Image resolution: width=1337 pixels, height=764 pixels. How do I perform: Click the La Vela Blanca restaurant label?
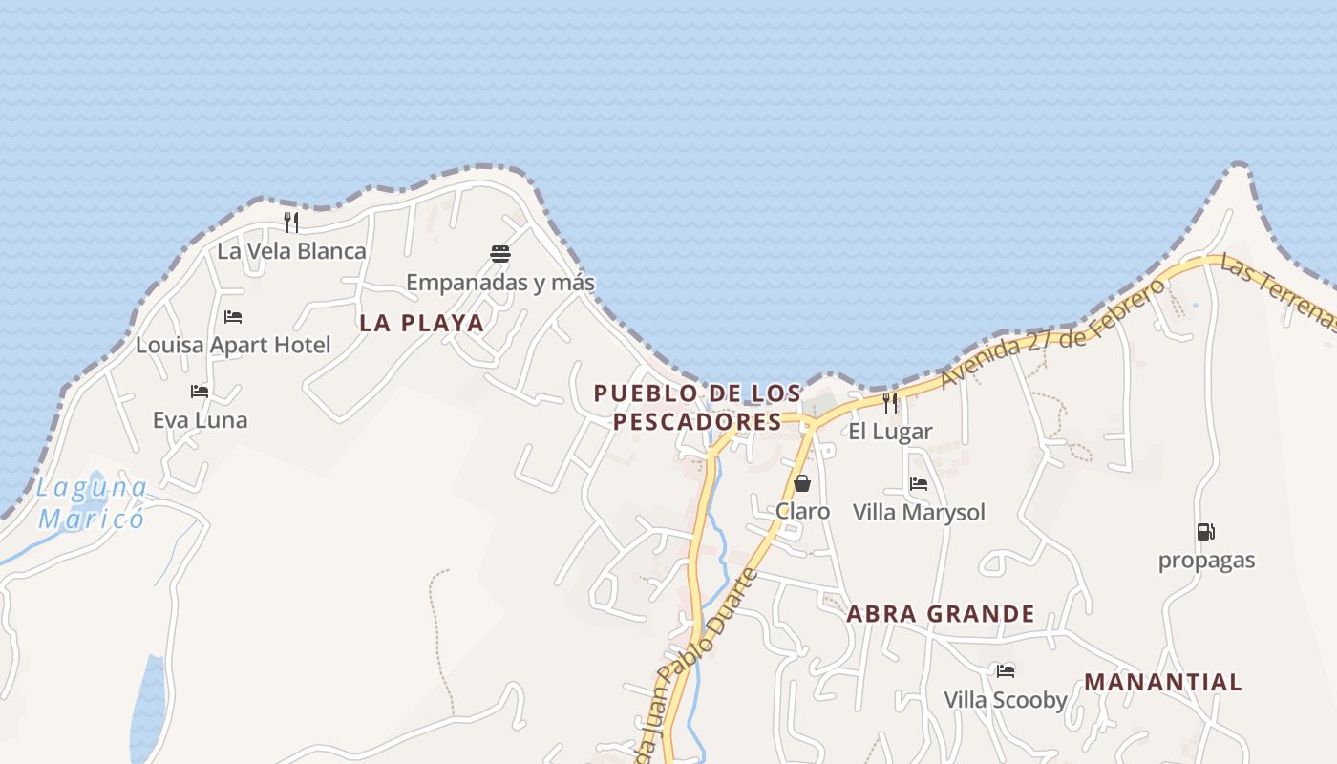(291, 251)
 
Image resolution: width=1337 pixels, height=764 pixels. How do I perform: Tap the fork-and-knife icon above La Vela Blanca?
(291, 223)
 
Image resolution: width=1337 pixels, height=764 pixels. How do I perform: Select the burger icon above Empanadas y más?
(500, 253)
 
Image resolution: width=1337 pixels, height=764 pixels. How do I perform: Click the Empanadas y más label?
(500, 283)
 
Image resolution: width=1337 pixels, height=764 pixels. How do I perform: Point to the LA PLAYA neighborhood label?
(421, 323)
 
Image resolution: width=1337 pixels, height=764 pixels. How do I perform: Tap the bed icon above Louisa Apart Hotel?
(233, 317)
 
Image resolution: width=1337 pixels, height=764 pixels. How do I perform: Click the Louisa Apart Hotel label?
(233, 345)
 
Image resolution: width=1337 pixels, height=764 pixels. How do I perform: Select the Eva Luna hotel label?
(200, 420)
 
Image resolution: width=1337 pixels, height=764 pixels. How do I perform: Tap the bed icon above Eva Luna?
(200, 392)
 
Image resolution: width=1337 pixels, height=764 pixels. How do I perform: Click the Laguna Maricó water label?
(92, 503)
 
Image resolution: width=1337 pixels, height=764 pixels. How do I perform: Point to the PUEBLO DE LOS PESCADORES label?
(697, 408)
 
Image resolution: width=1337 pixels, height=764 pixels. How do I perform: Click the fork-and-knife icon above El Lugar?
(890, 403)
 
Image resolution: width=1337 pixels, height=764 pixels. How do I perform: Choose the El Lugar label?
(890, 432)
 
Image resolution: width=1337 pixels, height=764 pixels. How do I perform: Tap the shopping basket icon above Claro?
(802, 483)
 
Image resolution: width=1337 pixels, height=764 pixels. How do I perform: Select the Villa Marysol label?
(919, 513)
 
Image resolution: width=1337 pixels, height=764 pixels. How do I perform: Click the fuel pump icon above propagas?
(1206, 532)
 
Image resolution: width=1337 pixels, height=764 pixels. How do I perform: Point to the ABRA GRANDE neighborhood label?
(941, 614)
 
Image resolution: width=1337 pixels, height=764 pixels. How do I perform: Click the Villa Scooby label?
(1006, 700)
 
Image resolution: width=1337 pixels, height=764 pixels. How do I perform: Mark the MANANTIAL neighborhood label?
(1163, 683)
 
